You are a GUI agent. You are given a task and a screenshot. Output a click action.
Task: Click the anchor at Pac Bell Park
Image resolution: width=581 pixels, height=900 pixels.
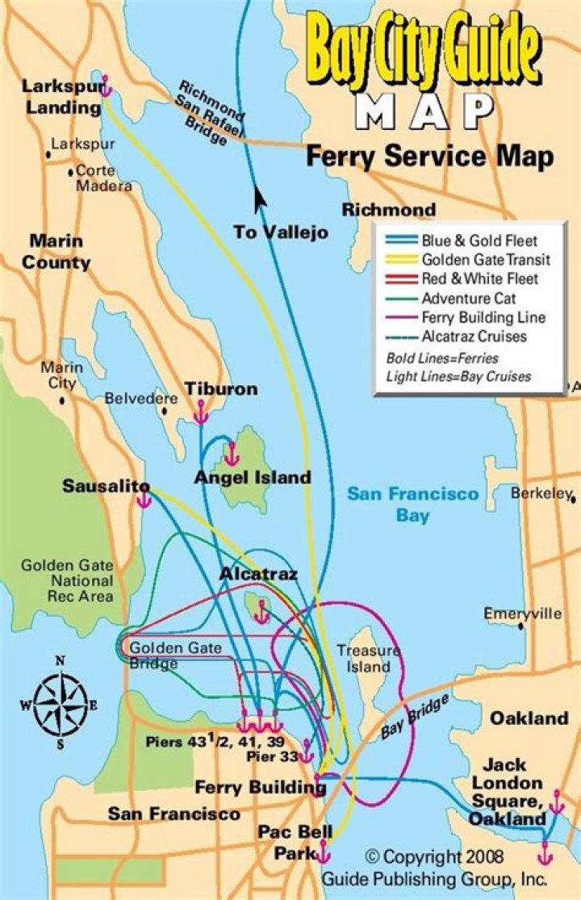click(x=324, y=851)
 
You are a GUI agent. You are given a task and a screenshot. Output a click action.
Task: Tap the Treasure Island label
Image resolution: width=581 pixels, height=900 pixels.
click(x=368, y=658)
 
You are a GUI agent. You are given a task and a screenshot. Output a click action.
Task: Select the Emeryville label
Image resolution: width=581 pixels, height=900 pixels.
click(x=522, y=613)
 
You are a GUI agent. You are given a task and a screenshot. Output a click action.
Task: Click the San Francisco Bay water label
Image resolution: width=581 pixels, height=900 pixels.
click(x=412, y=504)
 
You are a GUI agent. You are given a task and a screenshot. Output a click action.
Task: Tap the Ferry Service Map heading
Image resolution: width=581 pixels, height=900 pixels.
click(x=429, y=157)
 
